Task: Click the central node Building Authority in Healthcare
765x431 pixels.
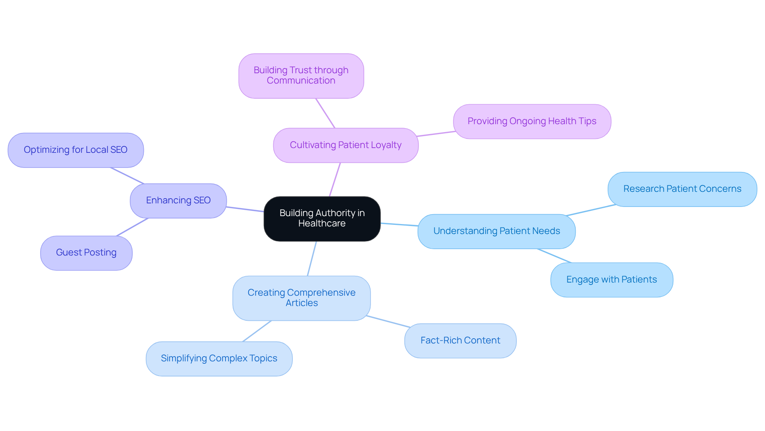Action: (322, 218)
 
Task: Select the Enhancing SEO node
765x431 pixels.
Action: (178, 201)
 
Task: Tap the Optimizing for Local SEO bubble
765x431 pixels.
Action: (76, 150)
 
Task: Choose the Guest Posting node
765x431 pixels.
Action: (86, 253)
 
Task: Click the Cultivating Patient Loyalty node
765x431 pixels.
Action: (345, 145)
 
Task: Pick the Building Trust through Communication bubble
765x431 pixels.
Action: (301, 76)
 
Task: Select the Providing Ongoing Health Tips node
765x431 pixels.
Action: (532, 121)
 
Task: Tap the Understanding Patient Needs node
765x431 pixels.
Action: (496, 231)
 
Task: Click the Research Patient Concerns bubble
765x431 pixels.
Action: (682, 189)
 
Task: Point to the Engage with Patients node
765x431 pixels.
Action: (611, 280)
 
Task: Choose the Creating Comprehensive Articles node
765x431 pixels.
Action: (301, 298)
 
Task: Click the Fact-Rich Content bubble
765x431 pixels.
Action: (460, 341)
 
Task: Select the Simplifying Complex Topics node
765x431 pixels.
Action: (219, 359)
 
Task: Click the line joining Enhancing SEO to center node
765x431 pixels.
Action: (245, 209)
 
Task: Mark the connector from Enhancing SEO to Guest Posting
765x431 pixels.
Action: (132, 227)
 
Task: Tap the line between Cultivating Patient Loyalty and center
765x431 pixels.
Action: (335, 179)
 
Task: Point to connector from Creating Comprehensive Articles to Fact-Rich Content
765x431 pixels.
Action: (388, 322)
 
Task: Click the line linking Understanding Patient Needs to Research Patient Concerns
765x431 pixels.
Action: (591, 210)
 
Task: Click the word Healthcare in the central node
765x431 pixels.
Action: (322, 224)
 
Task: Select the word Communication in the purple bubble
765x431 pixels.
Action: (301, 81)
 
